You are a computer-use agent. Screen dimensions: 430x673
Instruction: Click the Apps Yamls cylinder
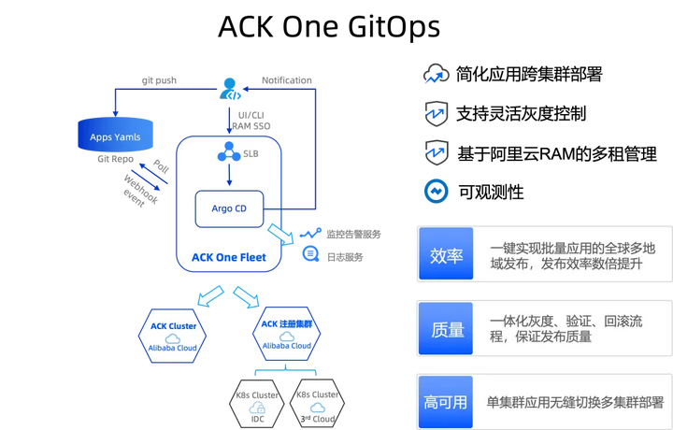click(x=115, y=136)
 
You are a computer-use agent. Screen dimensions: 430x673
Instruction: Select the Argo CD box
click(x=229, y=208)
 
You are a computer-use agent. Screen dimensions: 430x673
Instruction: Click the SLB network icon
click(x=227, y=153)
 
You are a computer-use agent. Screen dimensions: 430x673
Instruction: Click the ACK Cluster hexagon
click(x=174, y=336)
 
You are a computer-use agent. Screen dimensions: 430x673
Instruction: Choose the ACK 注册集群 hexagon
click(x=286, y=336)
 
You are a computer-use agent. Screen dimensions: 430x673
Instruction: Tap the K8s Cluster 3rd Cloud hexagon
click(x=317, y=405)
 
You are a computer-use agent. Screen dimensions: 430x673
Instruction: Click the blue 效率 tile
click(x=446, y=255)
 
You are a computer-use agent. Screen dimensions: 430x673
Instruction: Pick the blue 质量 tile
click(x=446, y=329)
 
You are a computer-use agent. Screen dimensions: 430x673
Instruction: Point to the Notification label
click(x=286, y=80)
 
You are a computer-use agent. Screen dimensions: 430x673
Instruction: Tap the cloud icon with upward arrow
click(x=436, y=76)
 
